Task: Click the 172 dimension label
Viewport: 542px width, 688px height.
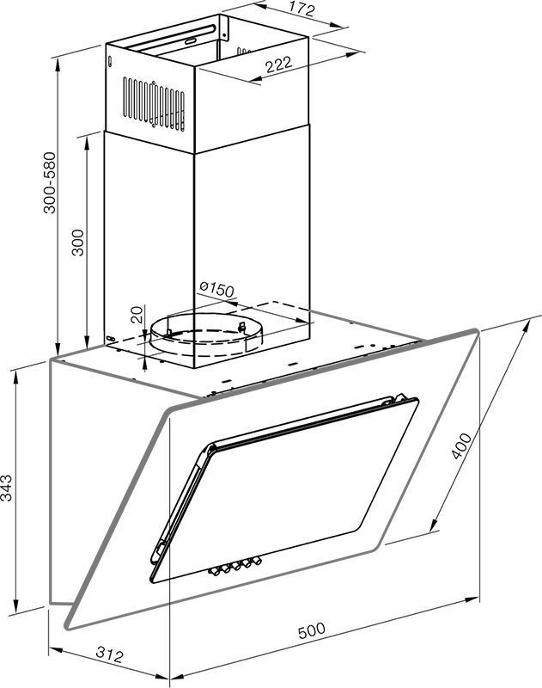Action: click(301, 9)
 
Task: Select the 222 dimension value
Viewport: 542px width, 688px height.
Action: click(278, 64)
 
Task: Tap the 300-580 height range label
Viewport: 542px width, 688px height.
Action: click(50, 182)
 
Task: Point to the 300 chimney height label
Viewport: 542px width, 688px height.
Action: click(77, 242)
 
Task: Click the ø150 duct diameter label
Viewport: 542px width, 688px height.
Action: click(216, 289)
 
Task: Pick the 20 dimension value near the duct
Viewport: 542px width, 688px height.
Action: click(137, 315)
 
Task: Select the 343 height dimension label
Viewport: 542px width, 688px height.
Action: click(7, 488)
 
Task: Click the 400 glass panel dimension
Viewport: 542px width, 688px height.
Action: click(461, 445)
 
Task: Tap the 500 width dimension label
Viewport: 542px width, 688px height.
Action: click(312, 630)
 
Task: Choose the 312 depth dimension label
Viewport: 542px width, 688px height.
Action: click(110, 655)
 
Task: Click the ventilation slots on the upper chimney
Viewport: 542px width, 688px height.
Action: click(154, 104)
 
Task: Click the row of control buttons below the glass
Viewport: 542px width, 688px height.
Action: click(234, 566)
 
